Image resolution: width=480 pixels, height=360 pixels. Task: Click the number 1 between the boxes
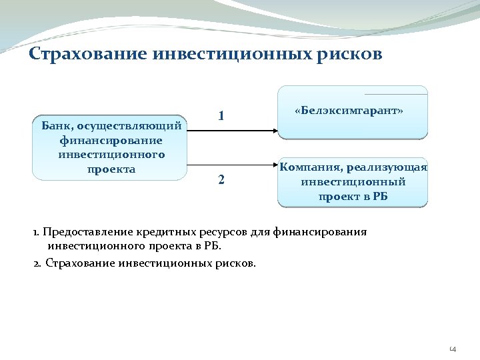coord(221,116)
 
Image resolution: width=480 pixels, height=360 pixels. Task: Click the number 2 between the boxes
coord(221,180)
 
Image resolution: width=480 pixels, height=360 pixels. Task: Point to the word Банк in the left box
coord(56,126)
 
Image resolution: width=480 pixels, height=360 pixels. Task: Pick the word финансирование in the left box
coord(111,140)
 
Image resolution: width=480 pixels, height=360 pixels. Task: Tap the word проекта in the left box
coord(111,169)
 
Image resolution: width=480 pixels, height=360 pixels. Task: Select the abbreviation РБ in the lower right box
coord(377,196)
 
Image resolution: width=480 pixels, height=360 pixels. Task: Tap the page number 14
coord(453,348)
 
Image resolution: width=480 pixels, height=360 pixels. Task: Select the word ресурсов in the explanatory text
coord(224,232)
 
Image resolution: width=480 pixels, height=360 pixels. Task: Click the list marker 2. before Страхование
coord(37,263)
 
